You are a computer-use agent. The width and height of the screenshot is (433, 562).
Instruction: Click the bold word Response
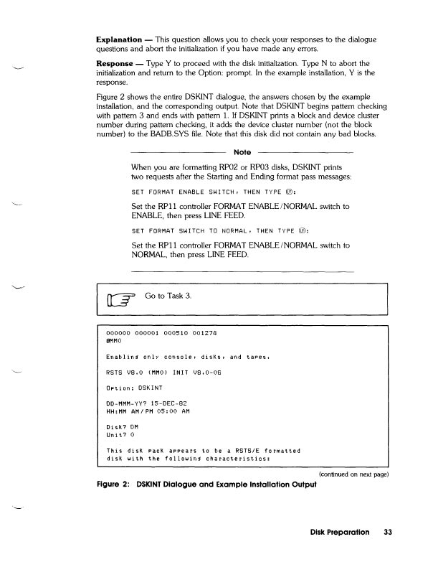click(116, 62)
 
